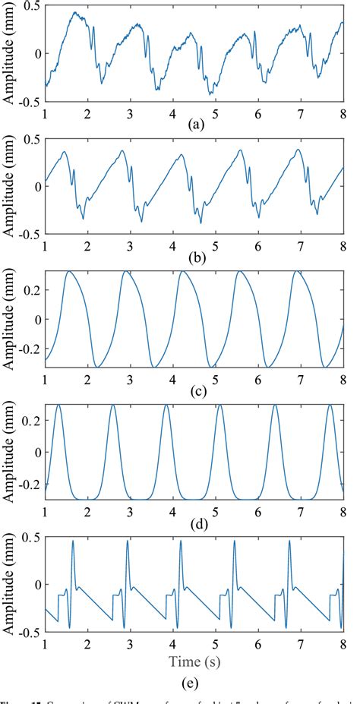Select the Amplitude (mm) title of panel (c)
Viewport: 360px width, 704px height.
click(8, 320)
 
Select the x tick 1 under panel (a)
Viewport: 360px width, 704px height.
click(45, 113)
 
